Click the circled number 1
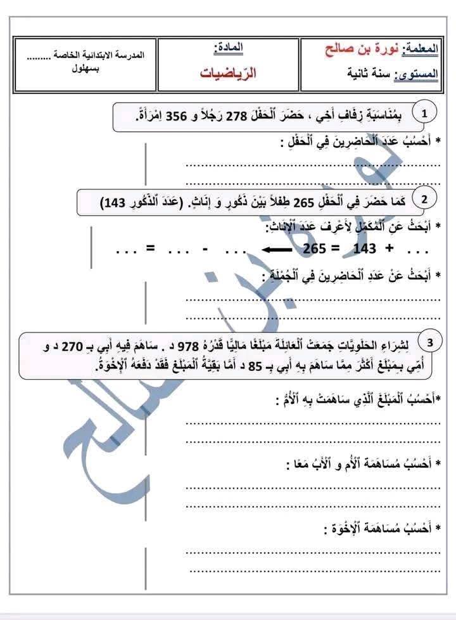pos(424,113)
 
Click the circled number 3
pos(430,343)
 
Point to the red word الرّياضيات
pos(228,74)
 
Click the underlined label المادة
pos(229,48)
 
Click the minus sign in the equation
pos(206,249)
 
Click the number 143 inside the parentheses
pos(113,203)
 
